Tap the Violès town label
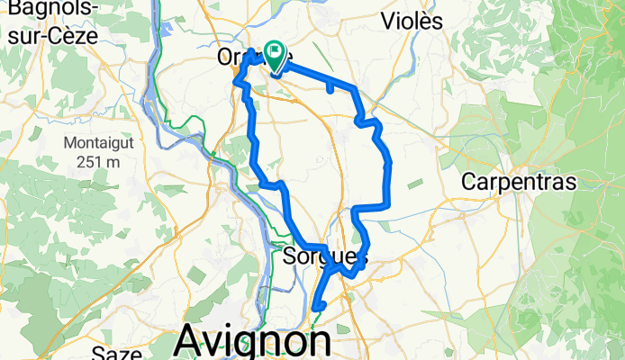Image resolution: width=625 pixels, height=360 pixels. click(412, 21)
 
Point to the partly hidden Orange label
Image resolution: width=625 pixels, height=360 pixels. click(240, 58)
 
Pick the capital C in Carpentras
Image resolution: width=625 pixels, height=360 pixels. click(469, 181)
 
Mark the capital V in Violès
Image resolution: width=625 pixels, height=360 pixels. click(389, 21)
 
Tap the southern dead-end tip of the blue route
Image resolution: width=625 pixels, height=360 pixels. click(315, 309)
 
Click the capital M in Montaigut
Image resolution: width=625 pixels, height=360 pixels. click(69, 142)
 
